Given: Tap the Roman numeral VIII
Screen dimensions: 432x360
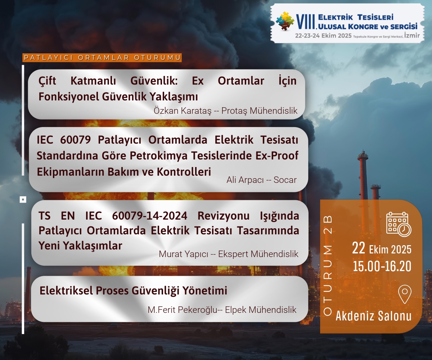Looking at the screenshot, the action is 305,22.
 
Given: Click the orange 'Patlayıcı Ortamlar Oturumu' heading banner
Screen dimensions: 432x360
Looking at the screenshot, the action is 102,58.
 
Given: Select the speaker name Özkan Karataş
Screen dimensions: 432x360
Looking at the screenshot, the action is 183,111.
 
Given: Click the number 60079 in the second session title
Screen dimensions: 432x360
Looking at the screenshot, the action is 76,140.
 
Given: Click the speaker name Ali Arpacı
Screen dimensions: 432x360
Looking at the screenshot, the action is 245,180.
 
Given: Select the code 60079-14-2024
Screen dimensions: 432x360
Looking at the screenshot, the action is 150,216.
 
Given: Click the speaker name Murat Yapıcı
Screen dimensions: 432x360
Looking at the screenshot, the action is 184,254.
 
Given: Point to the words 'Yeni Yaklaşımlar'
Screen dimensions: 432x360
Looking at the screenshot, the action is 80,246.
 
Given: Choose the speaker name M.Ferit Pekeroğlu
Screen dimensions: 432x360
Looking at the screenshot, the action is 183,310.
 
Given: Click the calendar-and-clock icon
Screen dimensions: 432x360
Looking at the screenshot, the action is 399,224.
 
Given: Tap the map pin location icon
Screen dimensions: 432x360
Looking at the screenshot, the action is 405,294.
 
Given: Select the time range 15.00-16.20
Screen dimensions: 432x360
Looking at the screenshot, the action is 382,266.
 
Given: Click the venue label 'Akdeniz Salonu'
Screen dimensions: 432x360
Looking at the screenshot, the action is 373,316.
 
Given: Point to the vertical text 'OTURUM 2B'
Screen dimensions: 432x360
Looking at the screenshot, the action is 328,266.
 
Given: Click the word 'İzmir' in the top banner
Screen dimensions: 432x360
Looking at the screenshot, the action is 412,35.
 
